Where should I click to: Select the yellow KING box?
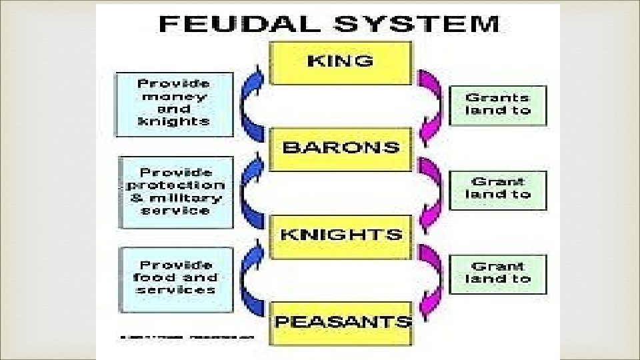pos(341,62)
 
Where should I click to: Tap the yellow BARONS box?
pos(341,148)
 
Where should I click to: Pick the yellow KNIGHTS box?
pos(341,235)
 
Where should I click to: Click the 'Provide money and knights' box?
pos(174,103)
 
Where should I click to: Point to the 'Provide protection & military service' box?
pos(175,192)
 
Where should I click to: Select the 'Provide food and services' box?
pos(175,277)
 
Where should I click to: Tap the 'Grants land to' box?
pos(497,105)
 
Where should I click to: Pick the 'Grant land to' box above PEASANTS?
pos(497,273)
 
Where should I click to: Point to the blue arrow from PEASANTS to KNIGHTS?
pos(253,277)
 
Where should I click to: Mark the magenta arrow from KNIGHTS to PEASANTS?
pos(430,275)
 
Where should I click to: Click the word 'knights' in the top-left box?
pos(173,121)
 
